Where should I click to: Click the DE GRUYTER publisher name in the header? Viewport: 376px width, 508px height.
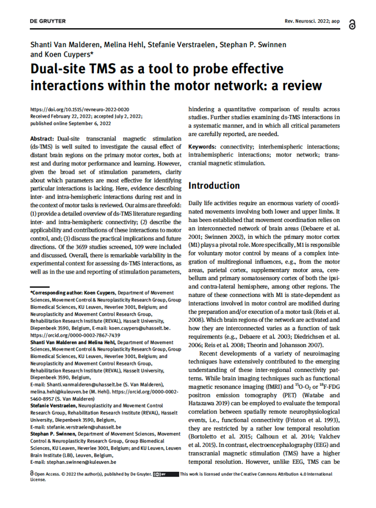pos(48,21)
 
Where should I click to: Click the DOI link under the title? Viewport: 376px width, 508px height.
pos(80,109)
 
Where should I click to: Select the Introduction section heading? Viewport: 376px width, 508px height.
pos(214,186)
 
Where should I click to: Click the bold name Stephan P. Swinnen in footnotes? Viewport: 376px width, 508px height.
pos(56,434)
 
